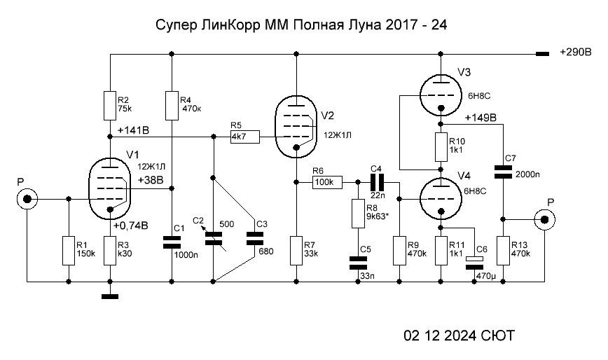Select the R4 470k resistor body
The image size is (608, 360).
(x=172, y=104)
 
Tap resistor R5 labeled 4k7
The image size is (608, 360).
(x=244, y=137)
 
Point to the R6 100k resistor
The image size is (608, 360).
(x=326, y=182)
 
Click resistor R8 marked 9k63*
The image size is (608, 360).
(x=357, y=214)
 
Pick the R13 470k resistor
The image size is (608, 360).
(x=502, y=250)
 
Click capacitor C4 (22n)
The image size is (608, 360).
(x=377, y=182)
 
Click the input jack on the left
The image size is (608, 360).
(x=27, y=200)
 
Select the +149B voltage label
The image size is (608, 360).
(x=480, y=117)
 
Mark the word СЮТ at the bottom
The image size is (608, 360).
(x=497, y=336)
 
